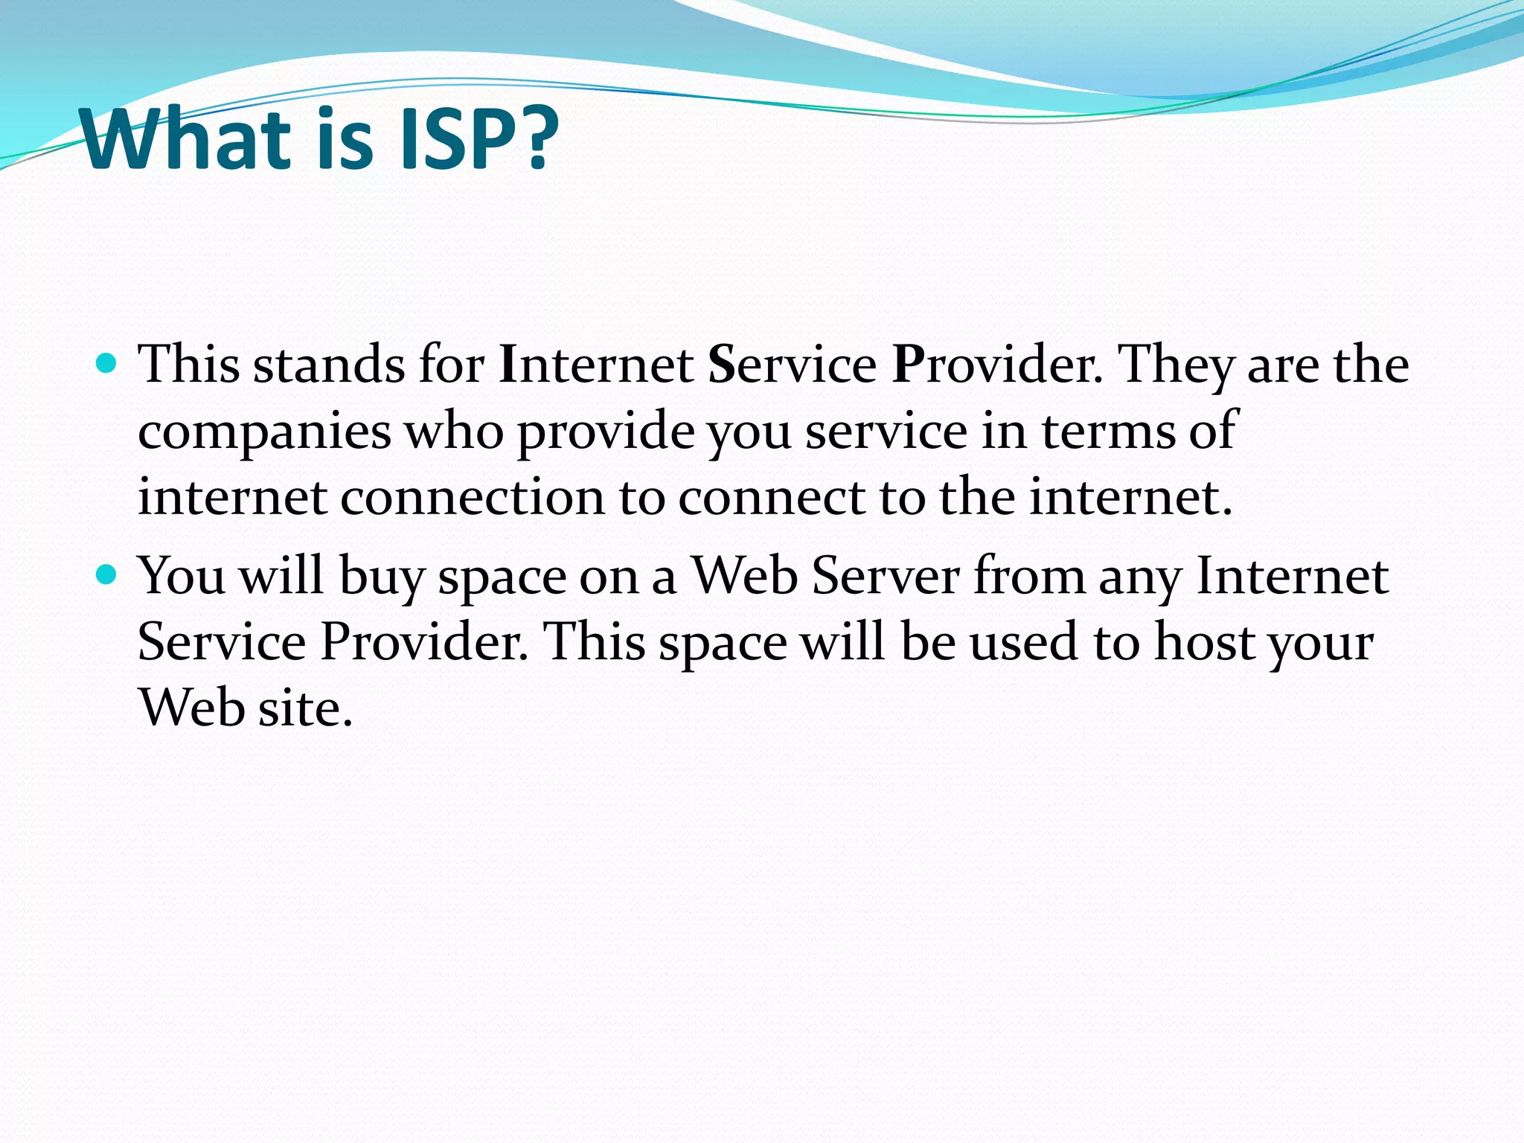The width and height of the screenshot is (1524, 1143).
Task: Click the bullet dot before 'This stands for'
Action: pos(107,364)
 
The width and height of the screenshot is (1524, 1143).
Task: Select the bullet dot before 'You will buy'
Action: pos(107,574)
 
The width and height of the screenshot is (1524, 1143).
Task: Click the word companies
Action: pos(264,432)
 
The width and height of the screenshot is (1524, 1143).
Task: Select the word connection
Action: pos(473,497)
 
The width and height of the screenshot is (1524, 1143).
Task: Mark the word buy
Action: pos(381,577)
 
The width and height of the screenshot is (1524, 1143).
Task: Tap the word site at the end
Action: pos(305,707)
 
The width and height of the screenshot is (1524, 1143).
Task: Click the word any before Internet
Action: pos(1140,577)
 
